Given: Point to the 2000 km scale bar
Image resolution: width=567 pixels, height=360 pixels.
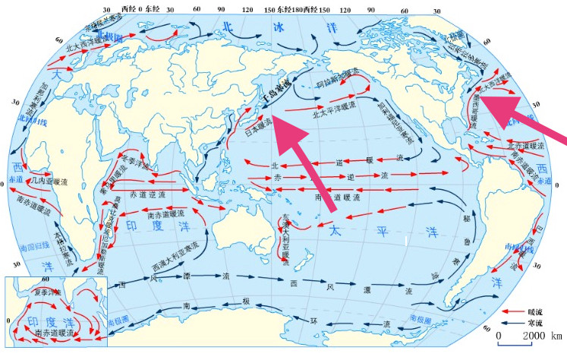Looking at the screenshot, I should click(x=524, y=335).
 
